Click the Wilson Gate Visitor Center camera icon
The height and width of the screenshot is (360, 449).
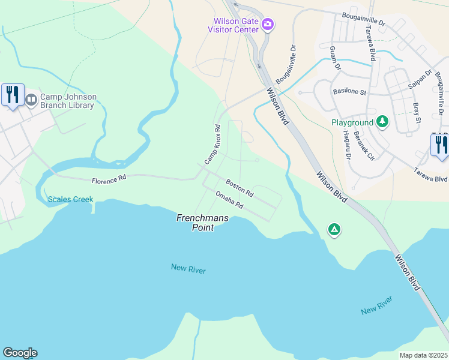click(268, 25)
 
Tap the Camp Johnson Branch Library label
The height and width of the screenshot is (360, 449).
click(67, 101)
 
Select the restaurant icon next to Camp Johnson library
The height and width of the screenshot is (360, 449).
click(13, 95)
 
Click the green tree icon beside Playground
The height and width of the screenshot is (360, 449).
click(382, 122)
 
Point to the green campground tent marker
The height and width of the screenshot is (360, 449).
click(334, 229)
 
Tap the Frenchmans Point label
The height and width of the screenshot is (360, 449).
click(202, 223)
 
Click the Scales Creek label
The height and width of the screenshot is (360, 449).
click(70, 199)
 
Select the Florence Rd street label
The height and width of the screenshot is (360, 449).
click(109, 179)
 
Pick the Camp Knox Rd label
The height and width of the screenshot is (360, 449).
click(213, 145)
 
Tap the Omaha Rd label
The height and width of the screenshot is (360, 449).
click(229, 200)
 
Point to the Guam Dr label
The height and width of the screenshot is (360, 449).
click(334, 59)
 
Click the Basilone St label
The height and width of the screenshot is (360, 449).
click(349, 92)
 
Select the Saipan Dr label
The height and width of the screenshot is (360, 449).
click(424, 82)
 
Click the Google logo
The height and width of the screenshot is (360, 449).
click(20, 353)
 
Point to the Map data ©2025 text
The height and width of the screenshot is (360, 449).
click(423, 355)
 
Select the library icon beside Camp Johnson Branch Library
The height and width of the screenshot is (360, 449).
click(30, 97)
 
